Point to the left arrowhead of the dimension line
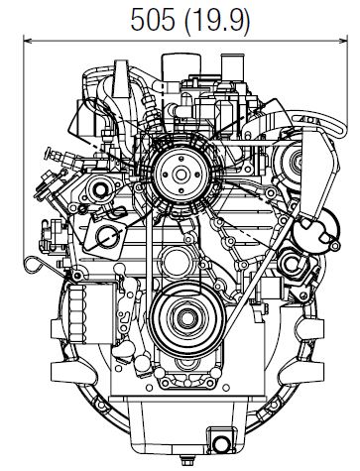coord(27,41)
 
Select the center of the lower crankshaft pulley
coord(182,318)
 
